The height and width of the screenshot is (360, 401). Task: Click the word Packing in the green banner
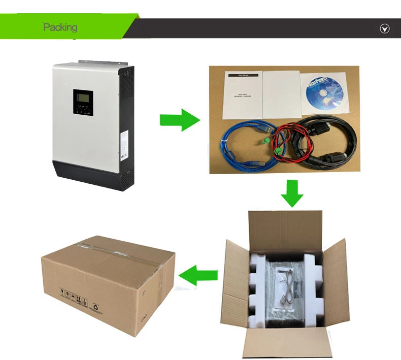(60, 27)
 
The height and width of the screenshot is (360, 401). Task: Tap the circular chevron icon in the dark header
(385, 28)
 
